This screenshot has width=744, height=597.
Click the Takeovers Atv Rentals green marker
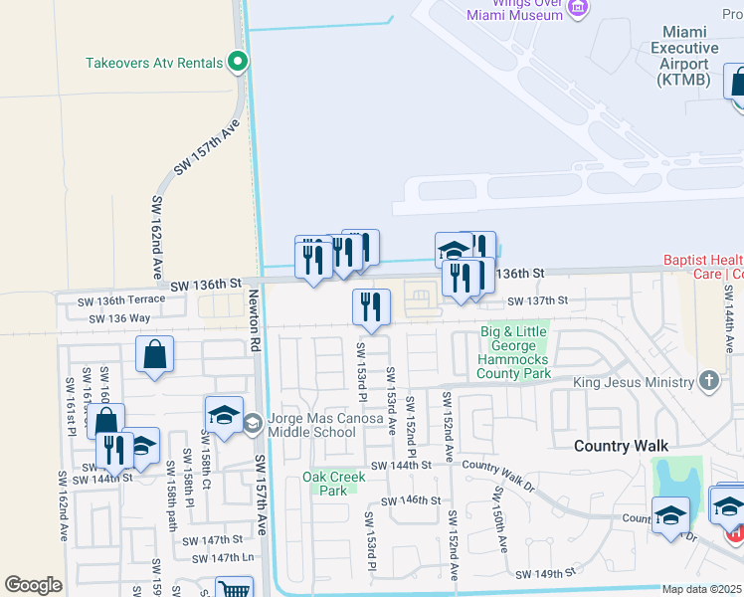238,63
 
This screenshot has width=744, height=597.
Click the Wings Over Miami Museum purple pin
578,9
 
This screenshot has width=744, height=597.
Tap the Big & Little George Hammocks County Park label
513,352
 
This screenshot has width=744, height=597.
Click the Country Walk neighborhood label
621,446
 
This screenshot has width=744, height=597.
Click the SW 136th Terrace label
111,300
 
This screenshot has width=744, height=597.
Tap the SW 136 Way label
119,318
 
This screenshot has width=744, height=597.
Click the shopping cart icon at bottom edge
234,589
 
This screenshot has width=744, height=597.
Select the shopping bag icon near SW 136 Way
155,354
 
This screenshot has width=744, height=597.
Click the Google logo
33,585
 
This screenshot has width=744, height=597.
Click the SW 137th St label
537,300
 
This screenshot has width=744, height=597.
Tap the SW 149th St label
545,574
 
